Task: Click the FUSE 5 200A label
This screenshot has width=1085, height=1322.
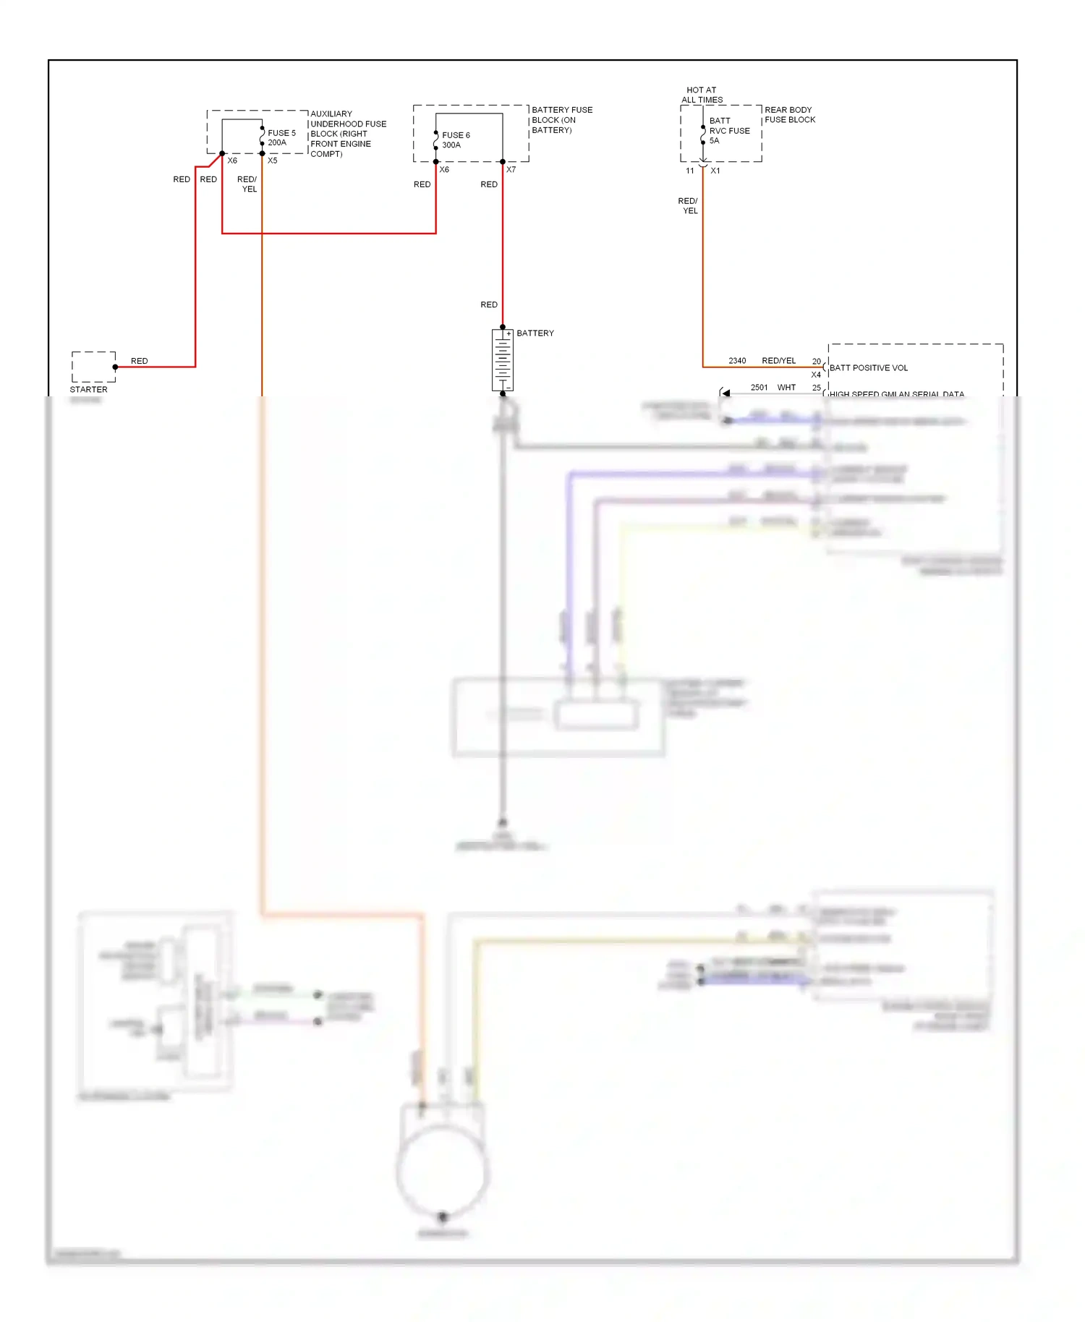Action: pos(281,137)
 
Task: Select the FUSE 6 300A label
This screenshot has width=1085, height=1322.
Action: pos(456,140)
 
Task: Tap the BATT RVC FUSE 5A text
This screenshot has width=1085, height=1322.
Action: pos(728,130)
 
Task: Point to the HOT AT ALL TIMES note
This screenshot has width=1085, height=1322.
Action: pos(702,95)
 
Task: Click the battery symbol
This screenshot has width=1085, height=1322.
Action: pos(503,360)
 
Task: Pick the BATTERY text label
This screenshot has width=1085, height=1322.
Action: pos(535,333)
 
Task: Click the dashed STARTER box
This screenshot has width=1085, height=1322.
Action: pos(93,367)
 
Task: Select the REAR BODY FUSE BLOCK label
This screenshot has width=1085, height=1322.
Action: pos(789,114)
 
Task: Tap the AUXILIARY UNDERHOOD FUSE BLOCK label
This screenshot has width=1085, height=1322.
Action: pos(347,134)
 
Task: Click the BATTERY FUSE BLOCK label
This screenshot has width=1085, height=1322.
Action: pos(561,120)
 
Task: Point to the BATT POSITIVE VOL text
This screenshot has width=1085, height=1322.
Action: pos(868,368)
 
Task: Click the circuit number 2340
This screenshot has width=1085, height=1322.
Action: pos(737,361)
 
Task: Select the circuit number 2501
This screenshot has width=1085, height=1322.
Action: pos(759,388)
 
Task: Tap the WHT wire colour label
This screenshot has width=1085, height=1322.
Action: pos(786,388)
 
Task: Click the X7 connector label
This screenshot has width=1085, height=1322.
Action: pos(511,170)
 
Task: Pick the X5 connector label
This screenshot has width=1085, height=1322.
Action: pos(272,161)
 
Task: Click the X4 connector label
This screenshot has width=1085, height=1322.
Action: pos(816,375)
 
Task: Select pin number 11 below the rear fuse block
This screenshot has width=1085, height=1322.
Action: pos(689,171)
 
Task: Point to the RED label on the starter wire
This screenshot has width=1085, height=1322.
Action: pos(139,361)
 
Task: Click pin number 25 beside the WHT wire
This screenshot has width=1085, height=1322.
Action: pos(816,388)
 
